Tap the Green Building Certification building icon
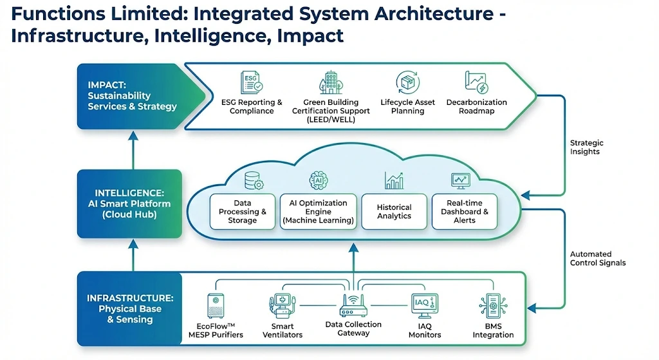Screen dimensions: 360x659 click(x=331, y=83)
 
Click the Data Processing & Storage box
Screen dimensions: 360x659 click(x=243, y=211)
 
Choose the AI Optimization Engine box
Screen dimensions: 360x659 click(x=318, y=211)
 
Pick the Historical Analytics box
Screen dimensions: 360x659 click(x=394, y=211)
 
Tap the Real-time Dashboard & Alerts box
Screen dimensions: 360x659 click(x=465, y=211)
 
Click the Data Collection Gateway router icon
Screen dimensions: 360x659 click(x=353, y=305)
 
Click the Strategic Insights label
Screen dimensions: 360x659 click(x=586, y=147)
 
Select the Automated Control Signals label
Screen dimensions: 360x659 click(x=598, y=258)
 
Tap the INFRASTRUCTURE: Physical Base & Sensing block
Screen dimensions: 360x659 click(x=129, y=309)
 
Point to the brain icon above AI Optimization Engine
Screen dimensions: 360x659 click(x=318, y=180)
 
